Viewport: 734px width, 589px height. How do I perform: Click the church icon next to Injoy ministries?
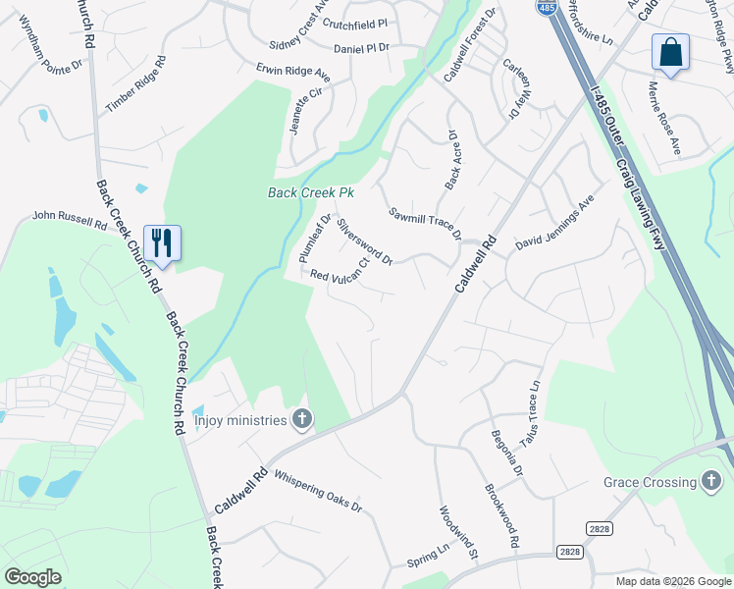tap(302, 420)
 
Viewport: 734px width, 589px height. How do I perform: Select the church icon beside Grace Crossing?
tap(712, 481)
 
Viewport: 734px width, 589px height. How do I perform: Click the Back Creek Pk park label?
tap(310, 193)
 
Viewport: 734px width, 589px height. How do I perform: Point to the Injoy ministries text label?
tap(240, 421)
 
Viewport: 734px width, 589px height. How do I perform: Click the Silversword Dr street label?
tap(364, 241)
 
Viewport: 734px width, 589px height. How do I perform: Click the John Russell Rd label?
tap(70, 219)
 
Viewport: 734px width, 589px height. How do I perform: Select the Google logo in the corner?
tap(33, 577)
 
